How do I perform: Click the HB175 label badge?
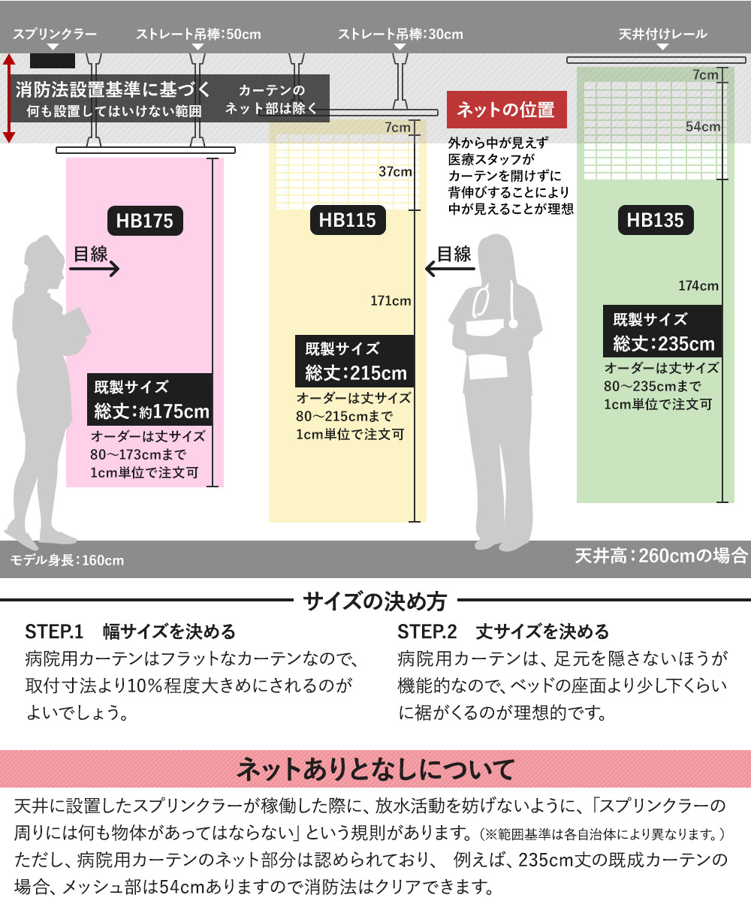point(144,221)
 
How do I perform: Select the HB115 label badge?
point(347,221)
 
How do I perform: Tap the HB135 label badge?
point(656,220)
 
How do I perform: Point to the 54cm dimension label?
point(702,127)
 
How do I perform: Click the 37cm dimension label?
point(395,172)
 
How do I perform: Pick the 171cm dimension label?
point(391,301)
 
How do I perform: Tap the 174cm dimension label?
point(698,285)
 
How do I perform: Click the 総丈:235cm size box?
point(663,331)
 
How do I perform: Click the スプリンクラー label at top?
point(55,35)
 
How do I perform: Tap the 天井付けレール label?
point(662,35)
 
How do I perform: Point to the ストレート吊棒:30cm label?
point(400,35)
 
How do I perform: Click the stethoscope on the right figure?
point(496,304)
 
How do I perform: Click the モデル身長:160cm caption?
point(67,560)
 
